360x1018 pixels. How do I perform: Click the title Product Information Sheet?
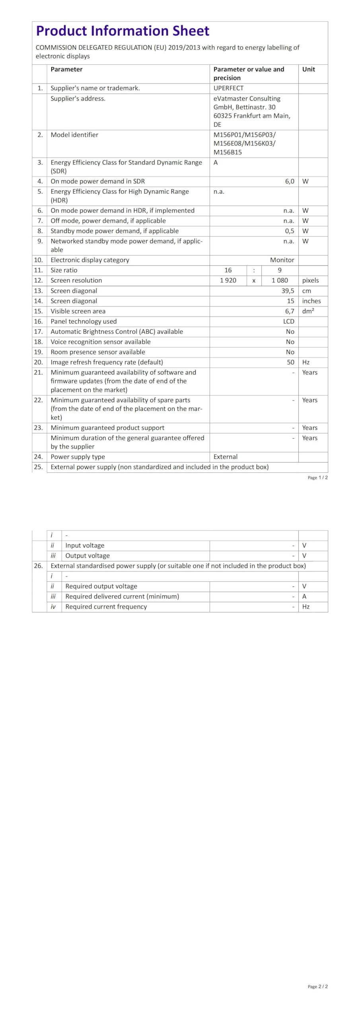click(123, 31)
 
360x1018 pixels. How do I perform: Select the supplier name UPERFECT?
click(228, 88)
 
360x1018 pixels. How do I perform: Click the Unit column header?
click(308, 69)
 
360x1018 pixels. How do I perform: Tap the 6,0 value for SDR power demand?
click(290, 181)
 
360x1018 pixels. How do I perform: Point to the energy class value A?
click(216, 162)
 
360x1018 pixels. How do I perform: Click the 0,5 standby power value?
click(290, 231)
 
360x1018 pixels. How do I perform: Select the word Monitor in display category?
click(282, 260)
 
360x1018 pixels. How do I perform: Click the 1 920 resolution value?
click(228, 280)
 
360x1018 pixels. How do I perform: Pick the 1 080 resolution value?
click(280, 280)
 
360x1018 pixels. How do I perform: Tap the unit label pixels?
click(310, 280)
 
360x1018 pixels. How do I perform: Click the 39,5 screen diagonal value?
click(288, 291)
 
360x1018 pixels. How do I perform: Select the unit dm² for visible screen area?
click(308, 311)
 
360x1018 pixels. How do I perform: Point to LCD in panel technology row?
click(289, 321)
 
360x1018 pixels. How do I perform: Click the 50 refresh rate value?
click(291, 362)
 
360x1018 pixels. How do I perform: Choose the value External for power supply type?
click(226, 457)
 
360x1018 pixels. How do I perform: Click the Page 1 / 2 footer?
click(317, 478)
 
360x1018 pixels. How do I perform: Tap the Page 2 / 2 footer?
click(317, 986)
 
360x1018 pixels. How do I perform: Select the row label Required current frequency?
click(106, 606)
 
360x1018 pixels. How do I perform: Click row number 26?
click(38, 565)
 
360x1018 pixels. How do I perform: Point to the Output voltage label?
click(88, 556)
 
